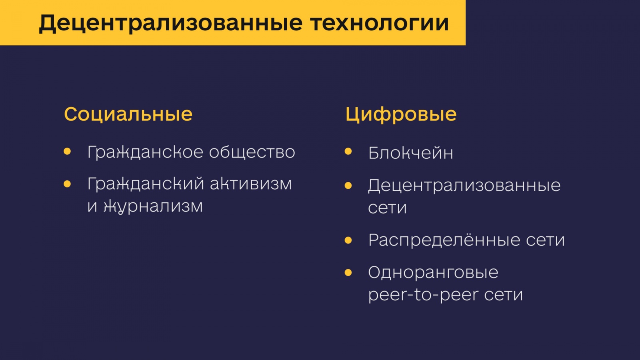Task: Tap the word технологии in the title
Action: pyautogui.click(x=380, y=23)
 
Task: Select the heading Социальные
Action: pyautogui.click(x=128, y=114)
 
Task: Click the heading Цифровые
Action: pyautogui.click(x=401, y=114)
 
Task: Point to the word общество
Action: pyautogui.click(x=252, y=152)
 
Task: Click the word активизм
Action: pyautogui.click(x=251, y=184)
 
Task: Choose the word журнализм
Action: pyautogui.click(x=153, y=206)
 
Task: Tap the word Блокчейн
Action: pyautogui.click(x=410, y=153)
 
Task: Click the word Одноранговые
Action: pyautogui.click(x=433, y=272)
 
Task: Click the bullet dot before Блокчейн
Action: pyautogui.click(x=348, y=152)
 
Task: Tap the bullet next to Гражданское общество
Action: pyautogui.click(x=67, y=152)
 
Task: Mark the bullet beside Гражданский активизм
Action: pyautogui.click(x=67, y=184)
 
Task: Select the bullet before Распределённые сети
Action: pyautogui.click(x=348, y=240)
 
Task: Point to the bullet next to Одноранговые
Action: pyautogui.click(x=348, y=272)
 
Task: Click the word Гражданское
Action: pyautogui.click(x=145, y=152)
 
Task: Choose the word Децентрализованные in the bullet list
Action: pyautogui.click(x=464, y=186)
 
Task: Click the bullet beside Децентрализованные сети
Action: pyautogui.click(x=348, y=186)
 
